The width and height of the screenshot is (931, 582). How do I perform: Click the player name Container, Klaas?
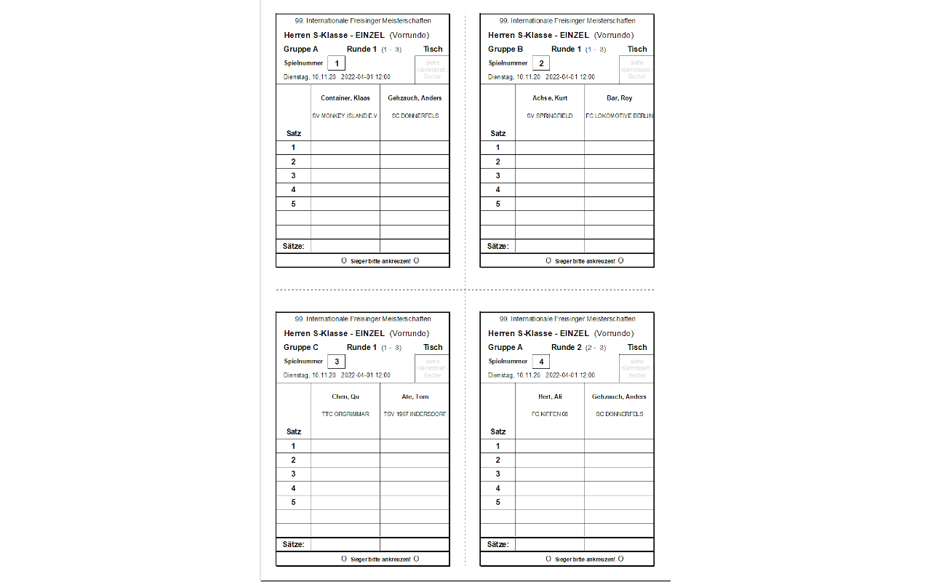point(345,98)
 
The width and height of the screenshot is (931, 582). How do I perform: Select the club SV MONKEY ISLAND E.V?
point(345,116)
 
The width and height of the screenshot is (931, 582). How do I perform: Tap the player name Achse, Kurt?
point(550,98)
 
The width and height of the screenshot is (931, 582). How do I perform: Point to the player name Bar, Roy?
point(619,98)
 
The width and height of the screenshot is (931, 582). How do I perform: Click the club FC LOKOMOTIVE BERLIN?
point(619,116)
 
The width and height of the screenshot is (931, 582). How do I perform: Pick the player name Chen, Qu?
point(345,396)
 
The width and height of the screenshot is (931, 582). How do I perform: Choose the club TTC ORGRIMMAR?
point(345,414)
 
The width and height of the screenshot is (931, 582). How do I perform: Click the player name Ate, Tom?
point(415,396)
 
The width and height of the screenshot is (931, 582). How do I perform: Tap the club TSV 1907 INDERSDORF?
point(415,414)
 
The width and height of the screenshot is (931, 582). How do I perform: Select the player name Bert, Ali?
point(550,396)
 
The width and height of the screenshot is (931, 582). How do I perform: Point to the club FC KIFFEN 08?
point(550,414)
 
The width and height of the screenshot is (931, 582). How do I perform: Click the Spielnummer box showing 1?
point(336,63)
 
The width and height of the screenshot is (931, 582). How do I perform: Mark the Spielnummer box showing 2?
point(540,63)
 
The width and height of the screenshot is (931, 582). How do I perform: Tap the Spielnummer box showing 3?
point(336,362)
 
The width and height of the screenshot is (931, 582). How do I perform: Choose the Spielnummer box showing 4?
point(540,362)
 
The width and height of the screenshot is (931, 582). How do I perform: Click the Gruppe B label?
point(506,49)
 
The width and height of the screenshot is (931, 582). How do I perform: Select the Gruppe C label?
point(301,348)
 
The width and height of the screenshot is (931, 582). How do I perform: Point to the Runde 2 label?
point(567,348)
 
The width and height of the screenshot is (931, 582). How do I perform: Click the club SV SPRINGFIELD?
point(550,116)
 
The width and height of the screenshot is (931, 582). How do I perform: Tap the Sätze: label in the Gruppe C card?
point(294,544)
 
